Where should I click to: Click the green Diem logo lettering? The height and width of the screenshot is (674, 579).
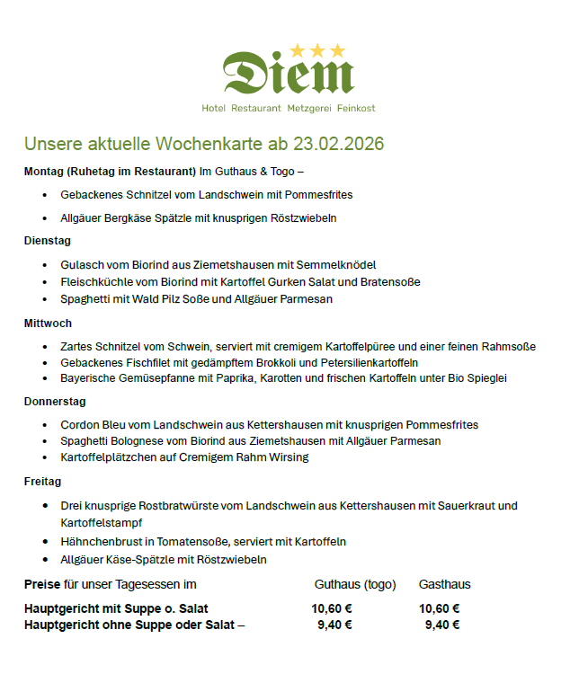(288, 74)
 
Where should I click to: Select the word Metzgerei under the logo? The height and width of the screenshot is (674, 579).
(308, 109)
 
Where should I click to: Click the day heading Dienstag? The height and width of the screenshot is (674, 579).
(48, 241)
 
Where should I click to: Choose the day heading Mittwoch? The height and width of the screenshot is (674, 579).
(48, 323)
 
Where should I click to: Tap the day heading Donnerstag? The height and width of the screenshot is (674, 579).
(55, 402)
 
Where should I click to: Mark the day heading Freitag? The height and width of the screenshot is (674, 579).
(42, 482)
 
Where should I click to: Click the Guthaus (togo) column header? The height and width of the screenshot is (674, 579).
(355, 585)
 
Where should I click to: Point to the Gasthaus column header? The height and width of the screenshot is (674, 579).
(444, 585)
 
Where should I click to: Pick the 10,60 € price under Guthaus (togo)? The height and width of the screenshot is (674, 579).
(331, 608)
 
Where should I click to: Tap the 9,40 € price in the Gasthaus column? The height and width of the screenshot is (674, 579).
(442, 625)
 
